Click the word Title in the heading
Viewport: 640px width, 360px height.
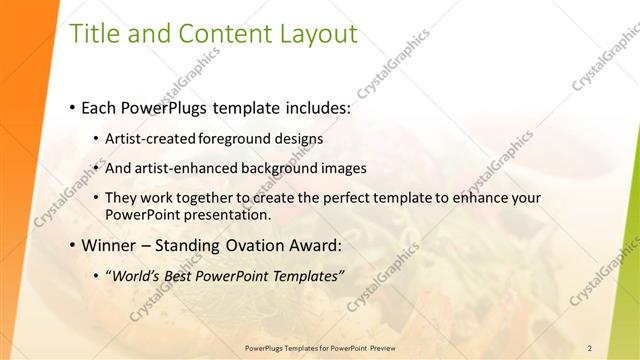(x=91, y=34)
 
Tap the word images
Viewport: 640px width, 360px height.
(x=346, y=168)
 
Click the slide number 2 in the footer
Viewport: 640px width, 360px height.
(x=589, y=348)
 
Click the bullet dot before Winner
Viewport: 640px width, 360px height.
(x=73, y=245)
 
